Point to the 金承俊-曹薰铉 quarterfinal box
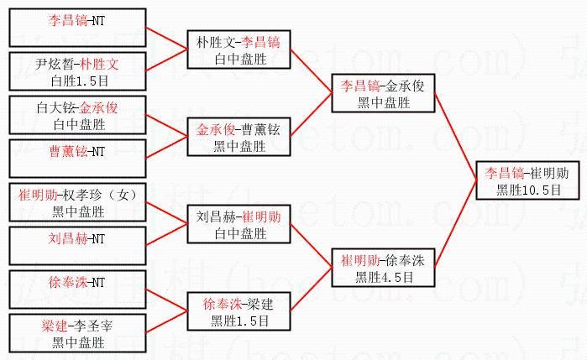[x=238, y=138]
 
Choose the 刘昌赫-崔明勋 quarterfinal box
[x=238, y=225]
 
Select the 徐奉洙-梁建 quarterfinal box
[x=238, y=312]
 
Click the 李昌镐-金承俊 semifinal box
[x=383, y=93]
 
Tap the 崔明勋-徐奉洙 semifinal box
[x=383, y=269]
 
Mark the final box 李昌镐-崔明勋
[x=526, y=181]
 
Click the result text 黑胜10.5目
[x=526, y=190]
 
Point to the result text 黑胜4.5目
[x=383, y=277]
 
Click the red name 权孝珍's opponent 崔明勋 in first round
[x=39, y=195]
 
